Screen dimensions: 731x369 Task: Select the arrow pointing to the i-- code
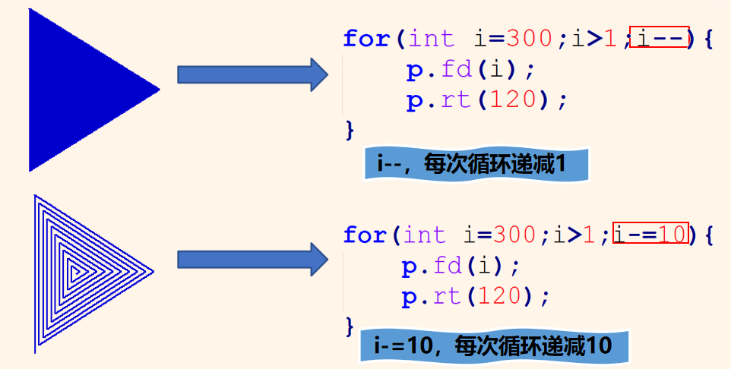tap(252, 74)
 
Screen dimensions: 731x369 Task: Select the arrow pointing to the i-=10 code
tap(252, 260)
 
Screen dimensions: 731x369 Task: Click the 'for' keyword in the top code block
tap(365, 38)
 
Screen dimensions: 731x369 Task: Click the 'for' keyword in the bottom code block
tap(365, 235)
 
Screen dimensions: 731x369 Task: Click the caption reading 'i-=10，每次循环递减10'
tap(493, 346)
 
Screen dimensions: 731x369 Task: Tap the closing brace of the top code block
tap(350, 129)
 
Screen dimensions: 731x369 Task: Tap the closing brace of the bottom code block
tap(350, 326)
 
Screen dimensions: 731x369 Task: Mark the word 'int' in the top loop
tap(431, 38)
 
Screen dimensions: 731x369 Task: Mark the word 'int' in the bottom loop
tap(426, 235)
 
